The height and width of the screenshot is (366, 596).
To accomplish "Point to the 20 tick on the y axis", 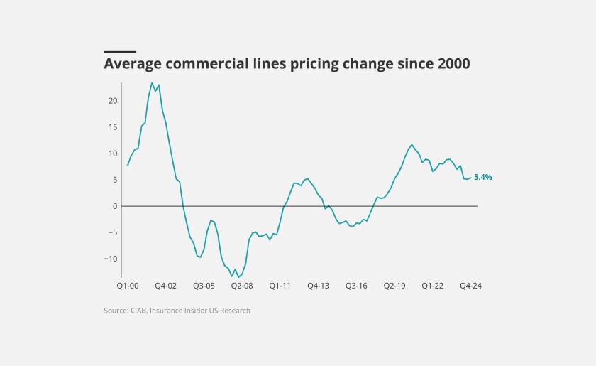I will (113, 101).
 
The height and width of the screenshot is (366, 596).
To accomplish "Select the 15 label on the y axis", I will (113, 127).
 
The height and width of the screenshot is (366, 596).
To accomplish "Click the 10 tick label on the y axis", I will (113, 154).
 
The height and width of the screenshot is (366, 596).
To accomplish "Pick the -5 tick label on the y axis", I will (112, 232).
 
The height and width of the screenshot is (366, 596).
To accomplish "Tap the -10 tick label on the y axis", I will (111, 259).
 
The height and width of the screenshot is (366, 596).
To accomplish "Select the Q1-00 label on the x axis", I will (128, 286).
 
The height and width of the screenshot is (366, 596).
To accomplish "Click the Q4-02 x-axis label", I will (166, 286).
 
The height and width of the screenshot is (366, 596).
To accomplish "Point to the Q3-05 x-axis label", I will (204, 286).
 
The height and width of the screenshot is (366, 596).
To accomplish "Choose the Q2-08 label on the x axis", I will (242, 286).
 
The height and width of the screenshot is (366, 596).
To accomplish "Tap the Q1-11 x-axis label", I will (280, 286).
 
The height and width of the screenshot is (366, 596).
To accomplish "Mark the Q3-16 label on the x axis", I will (356, 286).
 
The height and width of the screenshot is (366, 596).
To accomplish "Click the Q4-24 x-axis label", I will (471, 286).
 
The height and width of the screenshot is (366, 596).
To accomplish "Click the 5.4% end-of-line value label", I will (483, 177).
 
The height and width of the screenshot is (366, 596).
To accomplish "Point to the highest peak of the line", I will (152, 82).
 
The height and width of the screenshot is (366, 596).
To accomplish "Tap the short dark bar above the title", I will (120, 51).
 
